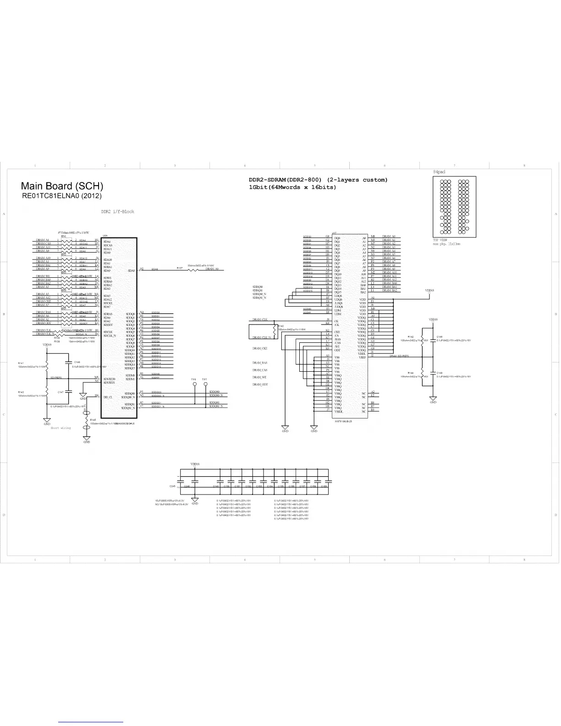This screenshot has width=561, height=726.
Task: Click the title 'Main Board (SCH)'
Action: [62, 186]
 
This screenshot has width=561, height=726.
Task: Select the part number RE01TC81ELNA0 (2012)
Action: [62, 196]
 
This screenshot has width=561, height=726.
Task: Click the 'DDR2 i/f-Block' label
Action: [117, 212]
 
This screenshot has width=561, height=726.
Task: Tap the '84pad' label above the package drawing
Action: [439, 172]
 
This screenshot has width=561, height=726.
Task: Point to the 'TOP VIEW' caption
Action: [440, 240]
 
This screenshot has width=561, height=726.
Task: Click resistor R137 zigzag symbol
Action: [193, 269]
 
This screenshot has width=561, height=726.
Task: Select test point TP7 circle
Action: [204, 384]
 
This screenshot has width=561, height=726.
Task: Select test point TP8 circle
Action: [194, 384]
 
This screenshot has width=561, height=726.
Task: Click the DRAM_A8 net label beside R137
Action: [212, 269]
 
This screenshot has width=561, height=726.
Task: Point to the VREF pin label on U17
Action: [362, 357]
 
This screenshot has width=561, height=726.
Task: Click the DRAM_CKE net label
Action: [259, 348]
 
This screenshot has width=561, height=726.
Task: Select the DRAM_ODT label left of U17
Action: [259, 385]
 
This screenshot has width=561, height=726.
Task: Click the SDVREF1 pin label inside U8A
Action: [109, 382]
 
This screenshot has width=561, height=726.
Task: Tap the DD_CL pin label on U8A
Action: [108, 397]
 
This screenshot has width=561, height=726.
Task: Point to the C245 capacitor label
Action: [172, 485]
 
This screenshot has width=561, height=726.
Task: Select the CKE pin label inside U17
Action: [337, 332]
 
